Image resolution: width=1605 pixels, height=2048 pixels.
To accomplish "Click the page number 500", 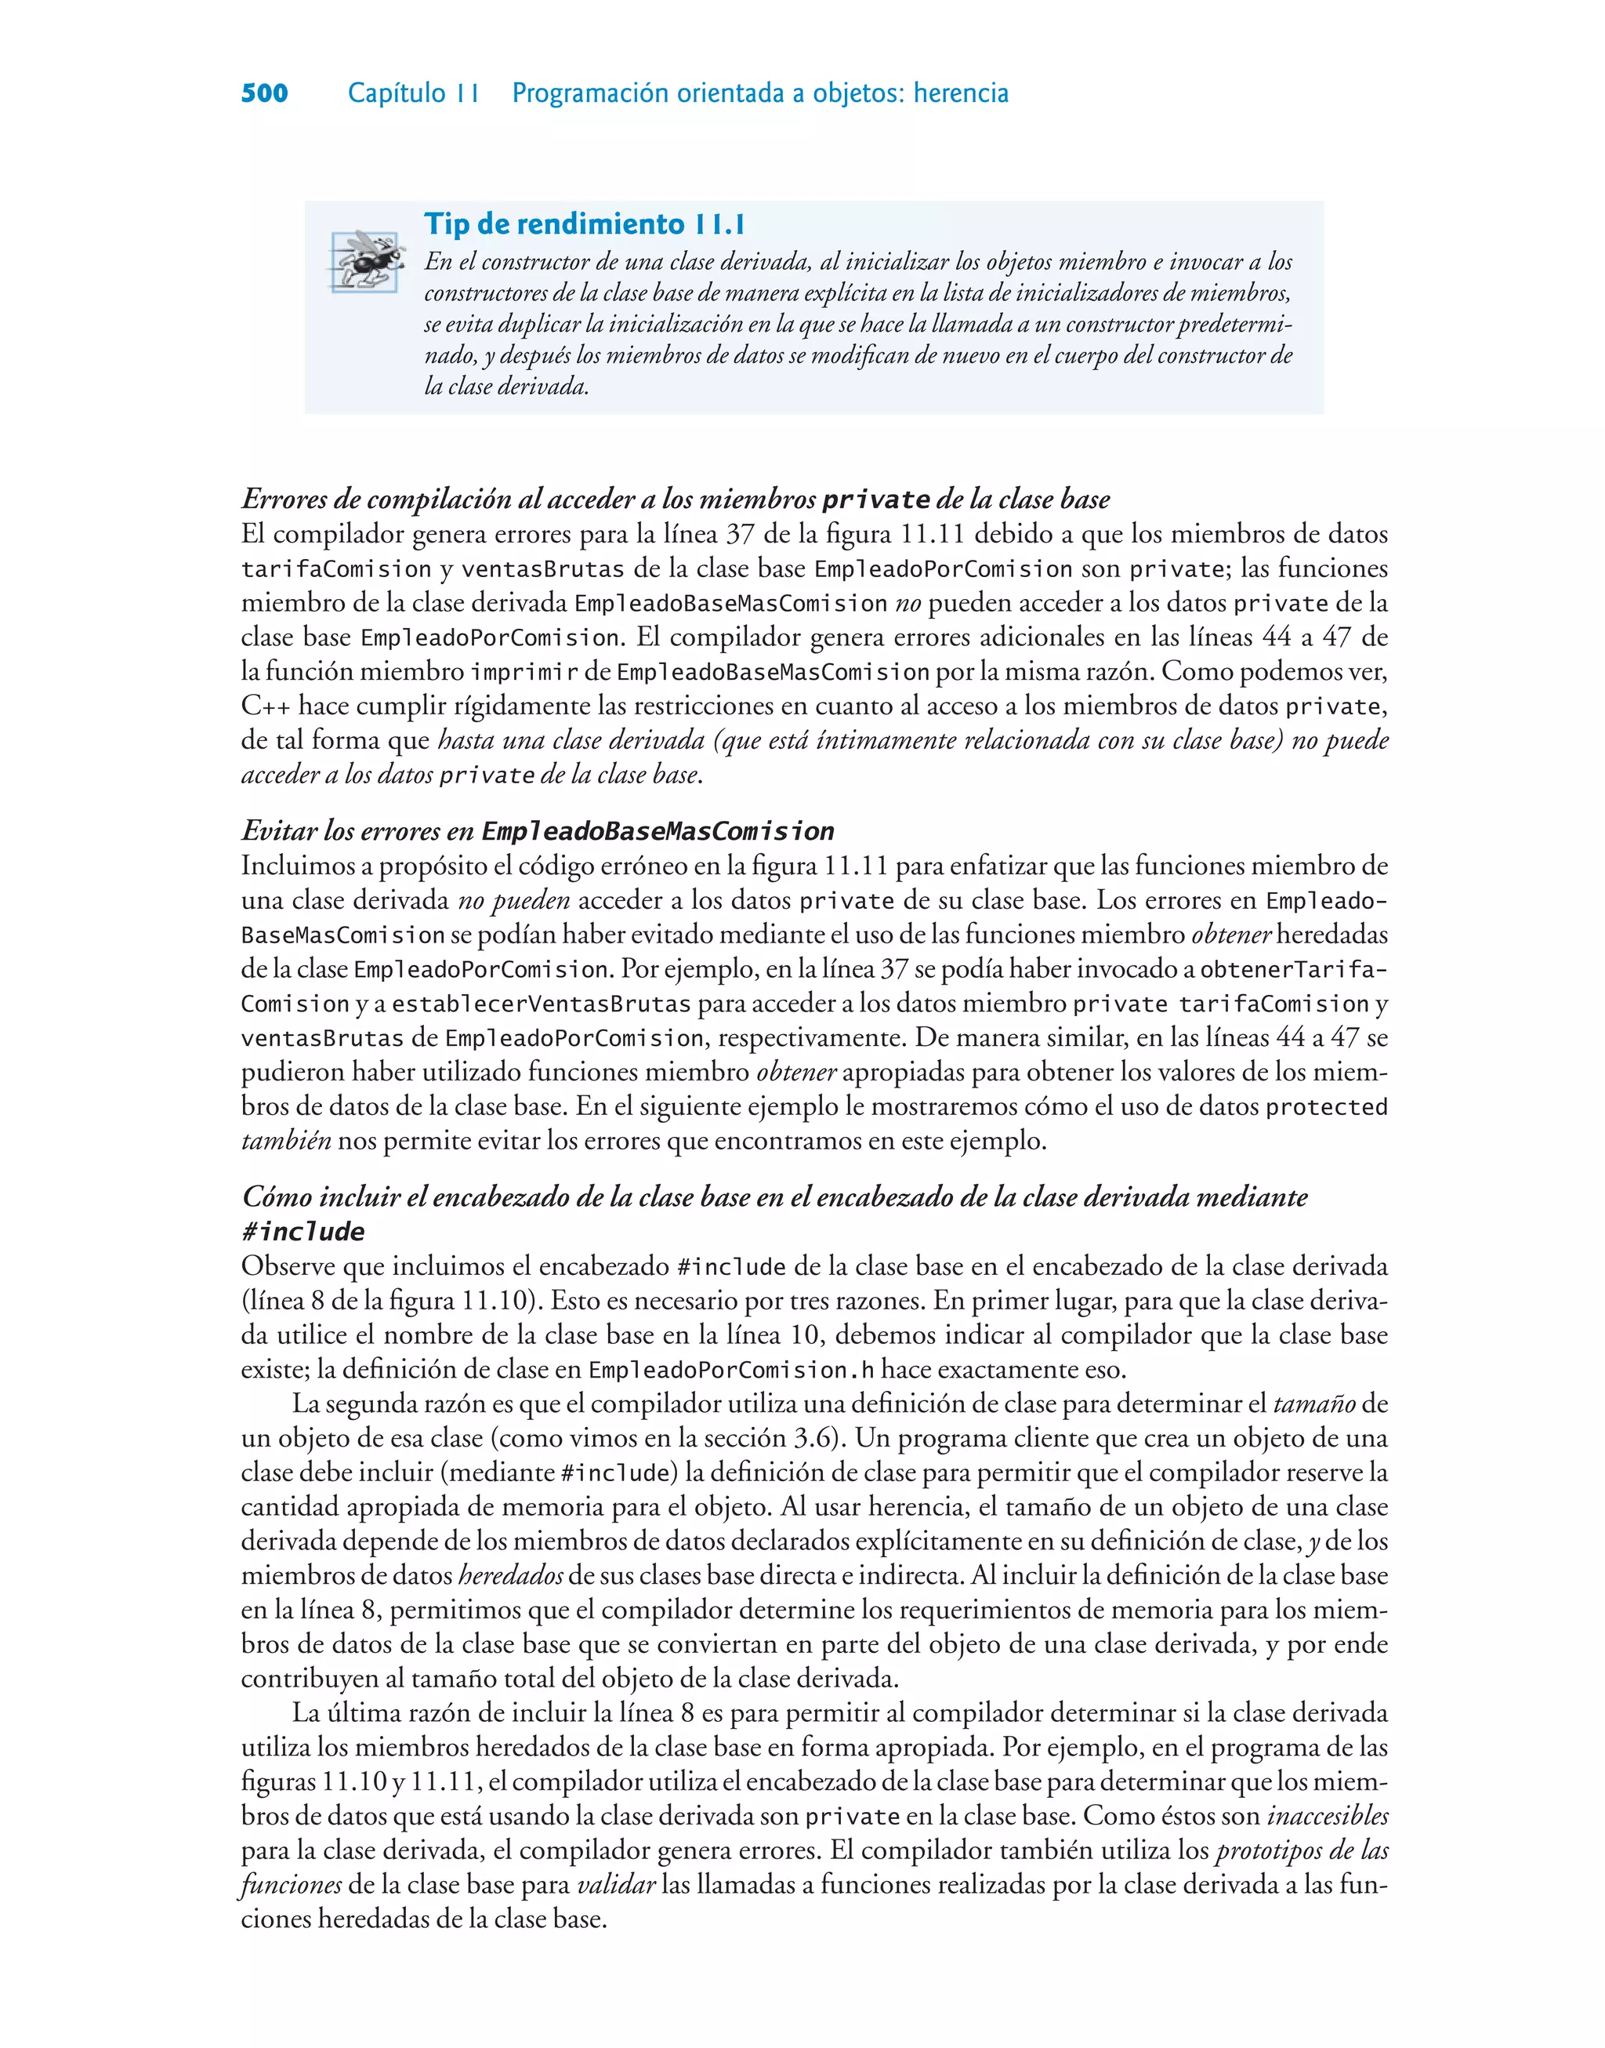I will tap(264, 93).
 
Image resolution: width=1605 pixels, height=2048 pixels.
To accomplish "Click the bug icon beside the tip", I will tap(367, 260).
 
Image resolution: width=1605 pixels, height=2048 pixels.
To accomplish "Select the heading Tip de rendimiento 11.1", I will tap(584, 223).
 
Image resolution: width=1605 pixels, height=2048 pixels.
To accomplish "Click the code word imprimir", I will tap(524, 672).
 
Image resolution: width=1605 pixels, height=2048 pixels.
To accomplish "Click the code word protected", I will tap(1326, 1107).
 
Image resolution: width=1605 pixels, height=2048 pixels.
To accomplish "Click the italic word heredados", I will tap(510, 1576).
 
